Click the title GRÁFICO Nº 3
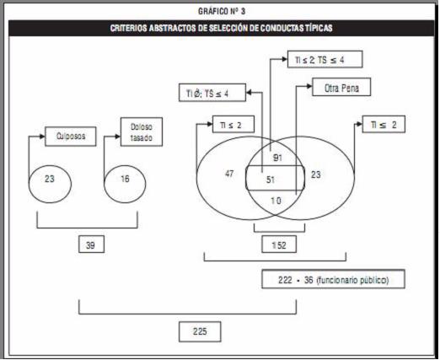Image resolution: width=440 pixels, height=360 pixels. click(x=222, y=11)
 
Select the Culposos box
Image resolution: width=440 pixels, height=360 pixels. click(x=71, y=137)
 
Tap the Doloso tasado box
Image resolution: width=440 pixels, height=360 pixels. click(x=142, y=132)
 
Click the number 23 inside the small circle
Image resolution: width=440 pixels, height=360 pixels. click(x=50, y=179)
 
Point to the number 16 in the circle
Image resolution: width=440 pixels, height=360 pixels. click(x=125, y=179)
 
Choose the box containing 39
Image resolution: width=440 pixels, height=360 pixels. click(x=91, y=244)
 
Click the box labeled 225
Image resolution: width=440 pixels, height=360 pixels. click(x=200, y=331)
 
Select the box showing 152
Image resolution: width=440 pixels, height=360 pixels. click(x=279, y=244)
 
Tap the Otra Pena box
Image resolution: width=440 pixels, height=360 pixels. click(x=341, y=87)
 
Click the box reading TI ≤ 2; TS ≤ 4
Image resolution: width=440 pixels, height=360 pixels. click(x=325, y=59)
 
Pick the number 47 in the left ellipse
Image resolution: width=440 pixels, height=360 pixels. click(x=229, y=174)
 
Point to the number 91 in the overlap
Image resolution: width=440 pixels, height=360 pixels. click(x=277, y=158)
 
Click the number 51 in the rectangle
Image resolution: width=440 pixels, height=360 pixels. click(x=271, y=180)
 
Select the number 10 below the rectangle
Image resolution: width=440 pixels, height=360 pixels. click(x=276, y=201)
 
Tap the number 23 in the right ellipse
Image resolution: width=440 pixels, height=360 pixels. click(x=316, y=175)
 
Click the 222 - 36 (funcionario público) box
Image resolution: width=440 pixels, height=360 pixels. click(x=333, y=279)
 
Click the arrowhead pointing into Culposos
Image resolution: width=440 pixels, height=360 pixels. click(x=42, y=137)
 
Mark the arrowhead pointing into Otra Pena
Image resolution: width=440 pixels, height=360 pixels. click(x=309, y=86)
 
